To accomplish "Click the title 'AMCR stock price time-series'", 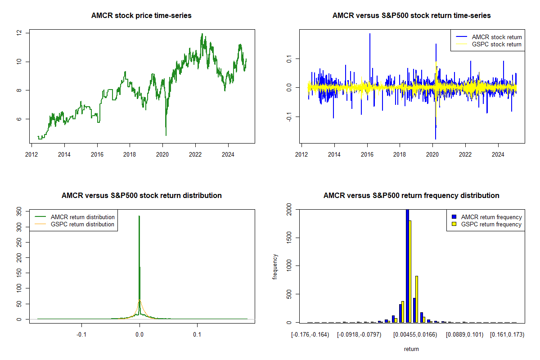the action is point(141,15).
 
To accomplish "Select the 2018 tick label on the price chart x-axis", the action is point(130,154).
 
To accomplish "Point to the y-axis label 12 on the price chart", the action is point(19,33).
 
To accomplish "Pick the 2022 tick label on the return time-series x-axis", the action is point(465,154).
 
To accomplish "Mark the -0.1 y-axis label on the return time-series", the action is point(289,117).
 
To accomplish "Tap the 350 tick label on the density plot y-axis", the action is point(19,211).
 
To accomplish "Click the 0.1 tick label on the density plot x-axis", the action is point(197,334).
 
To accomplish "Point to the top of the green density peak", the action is point(139,216).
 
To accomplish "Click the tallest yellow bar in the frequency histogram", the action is point(410,271).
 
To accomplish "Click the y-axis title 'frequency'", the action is point(275,267).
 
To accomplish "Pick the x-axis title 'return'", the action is point(411,349).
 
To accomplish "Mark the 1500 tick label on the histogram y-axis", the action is point(289,238).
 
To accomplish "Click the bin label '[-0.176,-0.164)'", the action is point(310,335).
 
